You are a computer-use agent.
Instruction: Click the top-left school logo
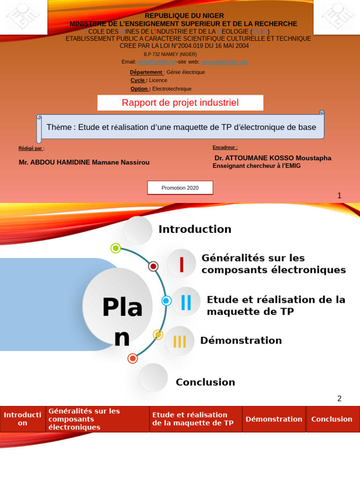23,16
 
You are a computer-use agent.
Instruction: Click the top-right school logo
337,16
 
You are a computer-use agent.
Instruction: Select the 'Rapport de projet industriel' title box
180,103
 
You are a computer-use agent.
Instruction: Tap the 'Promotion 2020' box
180,188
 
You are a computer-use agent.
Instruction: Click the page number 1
339,196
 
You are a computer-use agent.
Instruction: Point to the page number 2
339,399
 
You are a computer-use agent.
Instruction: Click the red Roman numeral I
181,264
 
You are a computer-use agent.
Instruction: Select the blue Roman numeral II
186,302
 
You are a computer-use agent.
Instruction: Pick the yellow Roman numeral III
180,341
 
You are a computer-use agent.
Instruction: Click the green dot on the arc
116,248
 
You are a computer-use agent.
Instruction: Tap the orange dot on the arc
133,359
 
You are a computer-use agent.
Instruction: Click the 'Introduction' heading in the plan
195,229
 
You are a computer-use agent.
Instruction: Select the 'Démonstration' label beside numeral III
241,341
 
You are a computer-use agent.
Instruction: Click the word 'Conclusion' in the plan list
205,382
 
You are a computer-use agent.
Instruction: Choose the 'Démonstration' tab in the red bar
274,419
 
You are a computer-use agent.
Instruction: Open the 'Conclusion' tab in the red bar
332,419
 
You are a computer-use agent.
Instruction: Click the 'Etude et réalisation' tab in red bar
195,419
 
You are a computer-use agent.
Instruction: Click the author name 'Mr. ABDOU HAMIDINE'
84,163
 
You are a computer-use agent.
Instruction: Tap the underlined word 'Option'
140,89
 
